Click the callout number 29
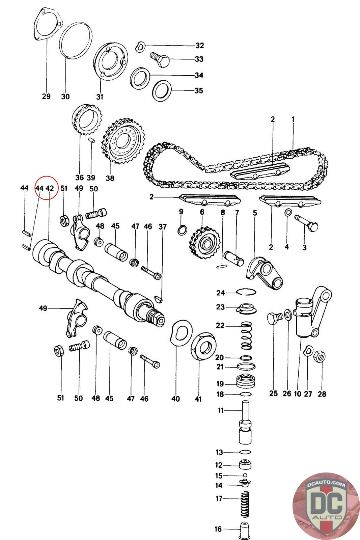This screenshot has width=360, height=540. (x=46, y=97)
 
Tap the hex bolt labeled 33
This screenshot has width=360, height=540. (x=160, y=59)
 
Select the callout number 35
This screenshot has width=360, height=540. (x=199, y=91)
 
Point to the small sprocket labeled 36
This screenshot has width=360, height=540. (x=87, y=120)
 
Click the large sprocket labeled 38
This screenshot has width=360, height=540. (x=123, y=141)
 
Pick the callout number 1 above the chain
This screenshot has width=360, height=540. (x=293, y=119)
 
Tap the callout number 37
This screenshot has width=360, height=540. (x=162, y=226)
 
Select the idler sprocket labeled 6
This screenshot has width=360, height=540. (x=205, y=243)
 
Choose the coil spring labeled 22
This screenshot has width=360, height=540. (x=247, y=335)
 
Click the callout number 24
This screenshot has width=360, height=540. (x=220, y=293)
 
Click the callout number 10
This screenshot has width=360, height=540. (x=298, y=394)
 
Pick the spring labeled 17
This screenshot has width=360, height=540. (x=245, y=504)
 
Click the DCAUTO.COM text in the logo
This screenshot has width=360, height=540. (x=326, y=484)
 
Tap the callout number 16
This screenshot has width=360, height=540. (x=218, y=529)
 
